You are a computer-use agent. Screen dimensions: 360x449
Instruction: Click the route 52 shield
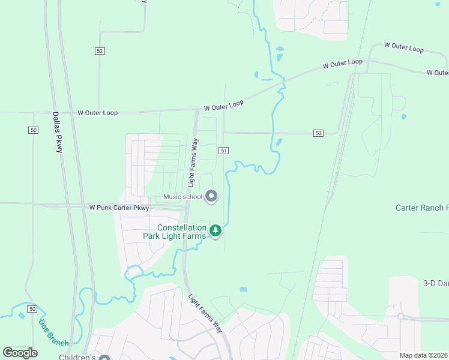pyautogui.click(x=100, y=51)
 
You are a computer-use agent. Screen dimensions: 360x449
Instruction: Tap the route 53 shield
pyautogui.click(x=318, y=133)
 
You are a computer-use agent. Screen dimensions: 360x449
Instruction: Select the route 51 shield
pyautogui.click(x=223, y=151)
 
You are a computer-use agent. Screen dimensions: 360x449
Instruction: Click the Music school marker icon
pyautogui.click(x=211, y=196)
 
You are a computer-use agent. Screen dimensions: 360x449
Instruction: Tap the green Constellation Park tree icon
pyautogui.click(x=215, y=230)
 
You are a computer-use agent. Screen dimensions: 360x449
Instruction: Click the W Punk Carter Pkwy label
pyautogui.click(x=119, y=208)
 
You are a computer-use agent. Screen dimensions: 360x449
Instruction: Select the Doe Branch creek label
pyautogui.click(x=53, y=332)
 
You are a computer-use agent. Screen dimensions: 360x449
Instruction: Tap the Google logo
pyautogui.click(x=20, y=353)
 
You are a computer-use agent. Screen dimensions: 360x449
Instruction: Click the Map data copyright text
pyautogui.click(x=424, y=355)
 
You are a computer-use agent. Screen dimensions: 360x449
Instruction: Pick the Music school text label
pyautogui.click(x=183, y=197)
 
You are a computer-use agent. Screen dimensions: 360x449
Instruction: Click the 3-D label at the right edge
pyautogui.click(x=436, y=283)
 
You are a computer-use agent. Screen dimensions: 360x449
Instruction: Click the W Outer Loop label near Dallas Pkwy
pyautogui.click(x=97, y=113)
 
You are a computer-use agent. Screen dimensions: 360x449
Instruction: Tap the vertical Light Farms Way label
pyautogui.click(x=193, y=162)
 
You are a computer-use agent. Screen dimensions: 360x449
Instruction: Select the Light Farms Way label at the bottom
pyautogui.click(x=205, y=313)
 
